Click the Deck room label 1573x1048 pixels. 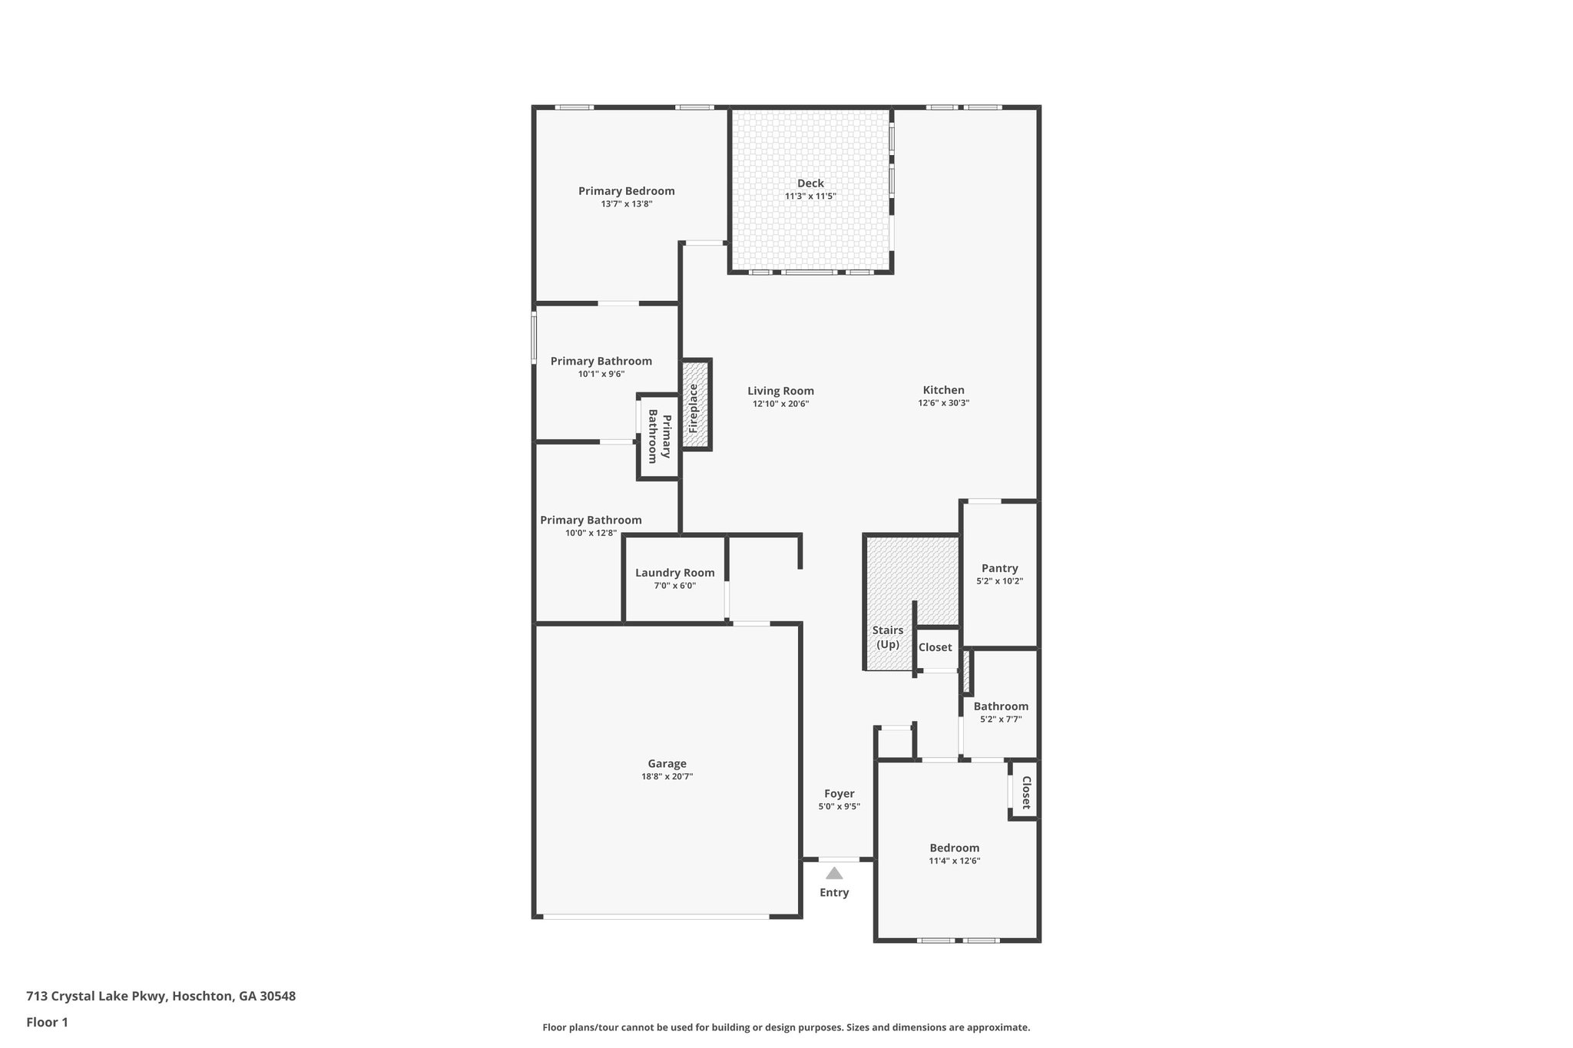click(x=810, y=183)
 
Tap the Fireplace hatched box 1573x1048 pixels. click(x=695, y=405)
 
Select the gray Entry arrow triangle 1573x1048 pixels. click(x=834, y=873)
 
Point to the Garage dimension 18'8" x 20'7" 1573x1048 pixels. click(x=667, y=776)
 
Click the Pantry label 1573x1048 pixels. click(x=999, y=568)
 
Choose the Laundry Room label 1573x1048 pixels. click(x=674, y=573)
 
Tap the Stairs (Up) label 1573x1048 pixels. click(x=888, y=637)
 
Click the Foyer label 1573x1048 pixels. click(x=839, y=793)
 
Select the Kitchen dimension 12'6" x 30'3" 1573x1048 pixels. click(x=943, y=403)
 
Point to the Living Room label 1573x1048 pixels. click(x=780, y=391)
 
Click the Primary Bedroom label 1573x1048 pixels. click(x=626, y=191)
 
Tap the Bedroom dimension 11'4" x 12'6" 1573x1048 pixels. click(x=954, y=861)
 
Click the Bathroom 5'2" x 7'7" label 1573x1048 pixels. click(x=1000, y=706)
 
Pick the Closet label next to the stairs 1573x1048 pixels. click(x=935, y=647)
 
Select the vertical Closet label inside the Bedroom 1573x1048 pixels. click(x=1025, y=792)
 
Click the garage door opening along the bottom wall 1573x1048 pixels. click(x=655, y=916)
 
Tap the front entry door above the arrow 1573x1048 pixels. click(x=838, y=859)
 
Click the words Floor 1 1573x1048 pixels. click(x=47, y=1022)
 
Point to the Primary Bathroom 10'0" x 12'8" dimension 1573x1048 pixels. click(x=591, y=533)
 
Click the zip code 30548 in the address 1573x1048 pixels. click(x=277, y=996)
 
